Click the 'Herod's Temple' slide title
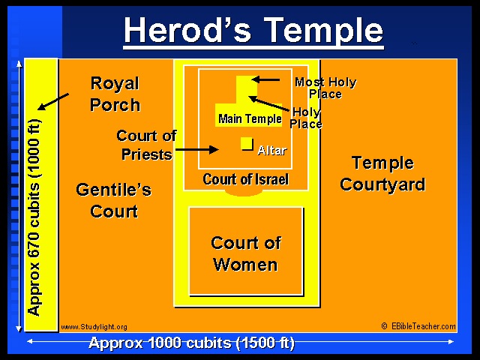point(253,31)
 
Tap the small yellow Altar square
point(247,143)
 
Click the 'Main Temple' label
point(250,118)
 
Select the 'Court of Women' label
point(246,253)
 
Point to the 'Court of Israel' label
point(245,179)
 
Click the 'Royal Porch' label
point(115,94)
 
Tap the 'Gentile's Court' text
point(114,200)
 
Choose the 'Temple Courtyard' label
point(382,173)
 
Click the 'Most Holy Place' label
point(325,88)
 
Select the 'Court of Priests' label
point(146,145)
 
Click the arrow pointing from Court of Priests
point(197,150)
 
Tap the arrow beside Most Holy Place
point(265,79)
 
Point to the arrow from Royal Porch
point(53,102)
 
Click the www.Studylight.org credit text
point(94,327)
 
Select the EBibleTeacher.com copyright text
point(418,326)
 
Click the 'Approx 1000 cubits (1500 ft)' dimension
point(192,343)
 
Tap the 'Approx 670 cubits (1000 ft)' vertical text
point(34,217)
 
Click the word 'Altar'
point(271,150)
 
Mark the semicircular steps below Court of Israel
point(244,193)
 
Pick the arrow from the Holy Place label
point(268,103)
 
